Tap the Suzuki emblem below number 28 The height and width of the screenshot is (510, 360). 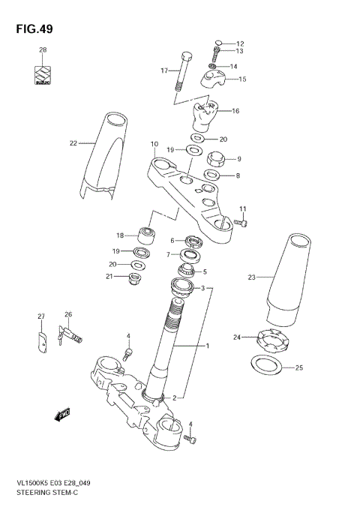coord(43,76)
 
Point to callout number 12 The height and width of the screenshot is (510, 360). coord(240,43)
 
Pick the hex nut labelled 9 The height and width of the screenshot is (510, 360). coord(218,159)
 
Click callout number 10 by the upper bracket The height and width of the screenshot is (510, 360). coord(154,144)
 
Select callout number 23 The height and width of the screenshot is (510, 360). coord(251,277)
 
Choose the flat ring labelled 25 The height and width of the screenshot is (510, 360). coord(265,366)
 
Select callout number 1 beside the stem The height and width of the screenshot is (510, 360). coord(207,346)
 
